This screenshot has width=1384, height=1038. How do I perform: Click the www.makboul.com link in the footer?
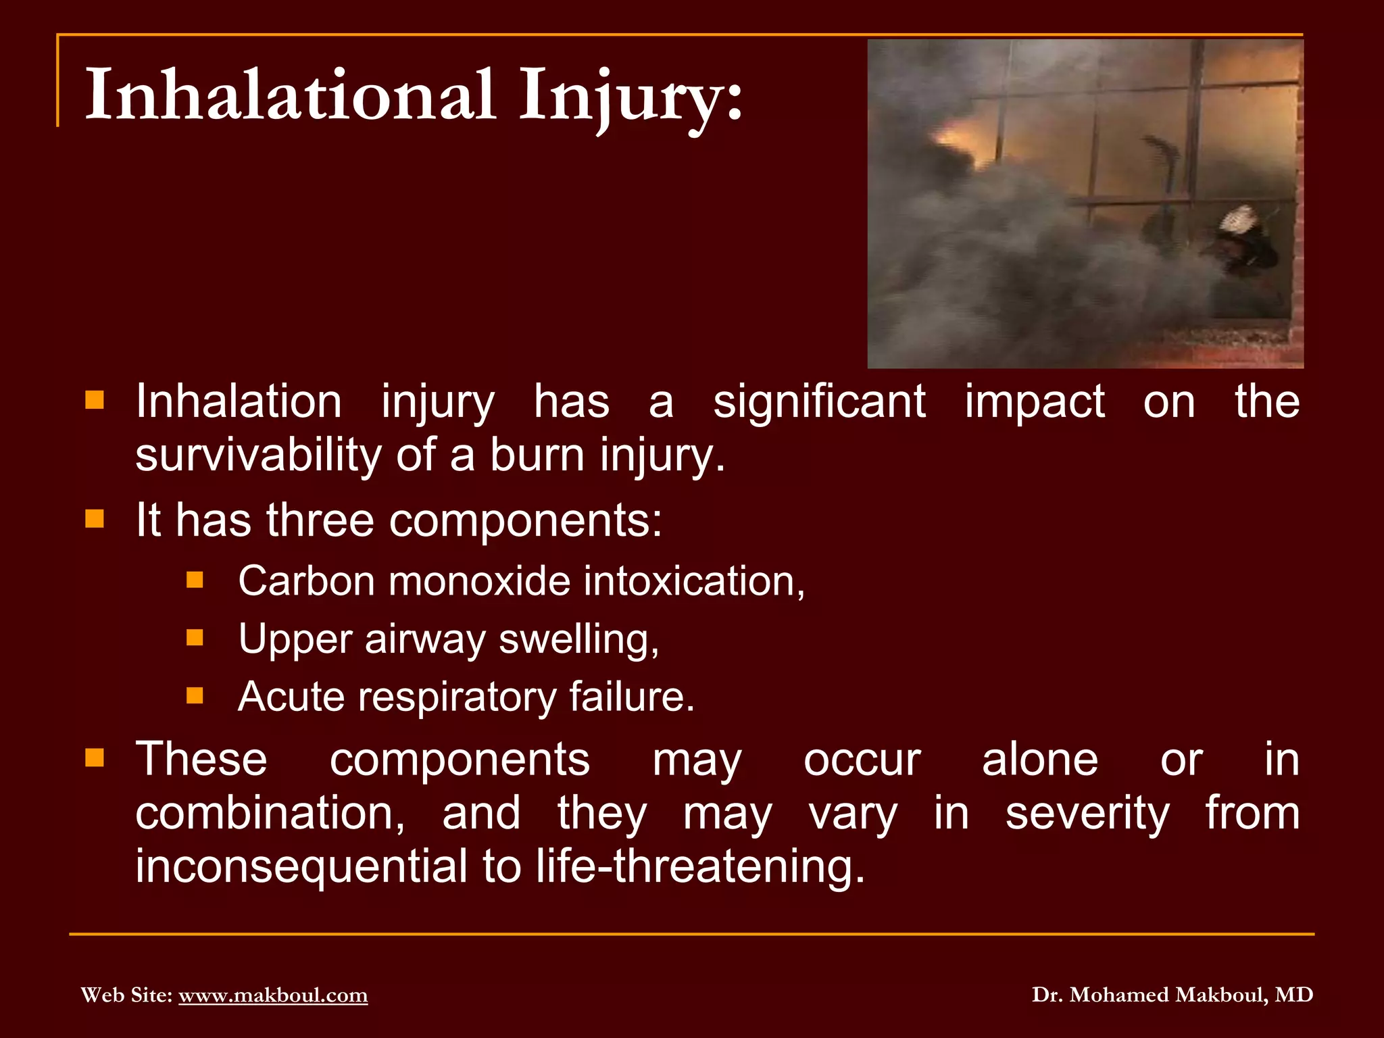273,995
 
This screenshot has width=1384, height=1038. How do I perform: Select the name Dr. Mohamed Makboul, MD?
1172,995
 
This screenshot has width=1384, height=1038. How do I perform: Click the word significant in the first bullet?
819,402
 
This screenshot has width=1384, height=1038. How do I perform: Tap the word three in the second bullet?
320,520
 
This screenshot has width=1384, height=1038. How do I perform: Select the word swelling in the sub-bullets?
578,639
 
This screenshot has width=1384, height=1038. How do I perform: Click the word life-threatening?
700,866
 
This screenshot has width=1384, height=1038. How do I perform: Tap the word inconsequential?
301,866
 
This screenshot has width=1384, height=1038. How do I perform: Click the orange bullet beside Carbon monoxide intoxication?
195,580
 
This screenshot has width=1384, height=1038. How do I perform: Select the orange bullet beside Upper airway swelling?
195,638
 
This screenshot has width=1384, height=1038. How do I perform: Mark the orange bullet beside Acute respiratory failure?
195,695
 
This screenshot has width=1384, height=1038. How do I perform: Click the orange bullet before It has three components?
95,519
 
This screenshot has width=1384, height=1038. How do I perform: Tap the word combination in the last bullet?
270,813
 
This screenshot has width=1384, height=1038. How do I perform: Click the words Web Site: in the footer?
126,995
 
